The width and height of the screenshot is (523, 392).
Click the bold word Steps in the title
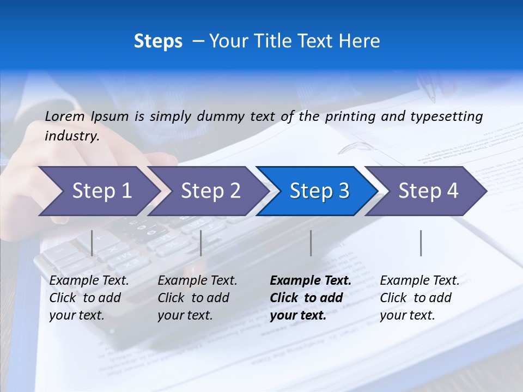pyautogui.click(x=158, y=41)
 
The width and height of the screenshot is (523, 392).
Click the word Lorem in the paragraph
pyautogui.click(x=64, y=116)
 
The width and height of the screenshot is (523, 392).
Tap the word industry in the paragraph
pyautogui.click(x=71, y=136)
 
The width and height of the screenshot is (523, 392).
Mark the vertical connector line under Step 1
pyautogui.click(x=92, y=243)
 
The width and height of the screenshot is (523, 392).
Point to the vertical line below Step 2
pyautogui.click(x=201, y=243)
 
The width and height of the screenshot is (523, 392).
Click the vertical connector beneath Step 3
pyautogui.click(x=311, y=243)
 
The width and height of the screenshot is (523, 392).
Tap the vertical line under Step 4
pyautogui.click(x=421, y=243)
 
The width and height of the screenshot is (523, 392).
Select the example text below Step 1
pyautogui.click(x=89, y=298)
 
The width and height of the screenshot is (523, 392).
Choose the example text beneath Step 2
pyautogui.click(x=197, y=298)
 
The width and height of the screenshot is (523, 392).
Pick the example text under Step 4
pyautogui.click(x=419, y=298)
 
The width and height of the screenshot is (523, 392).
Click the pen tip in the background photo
pyautogui.click(x=433, y=100)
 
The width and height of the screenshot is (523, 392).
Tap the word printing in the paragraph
pyautogui.click(x=351, y=116)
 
